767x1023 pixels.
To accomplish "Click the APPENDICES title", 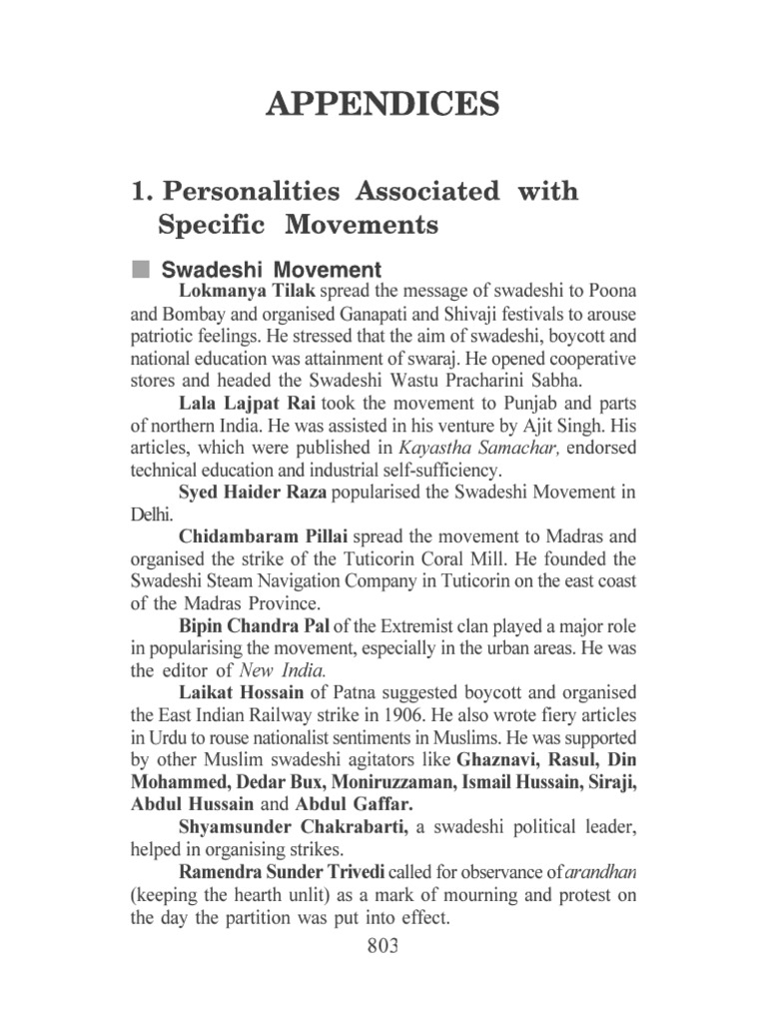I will (383, 103).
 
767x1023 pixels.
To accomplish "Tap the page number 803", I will (383, 946).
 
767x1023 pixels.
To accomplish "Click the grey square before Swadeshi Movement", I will (140, 270).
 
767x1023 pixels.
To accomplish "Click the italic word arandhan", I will (601, 871).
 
